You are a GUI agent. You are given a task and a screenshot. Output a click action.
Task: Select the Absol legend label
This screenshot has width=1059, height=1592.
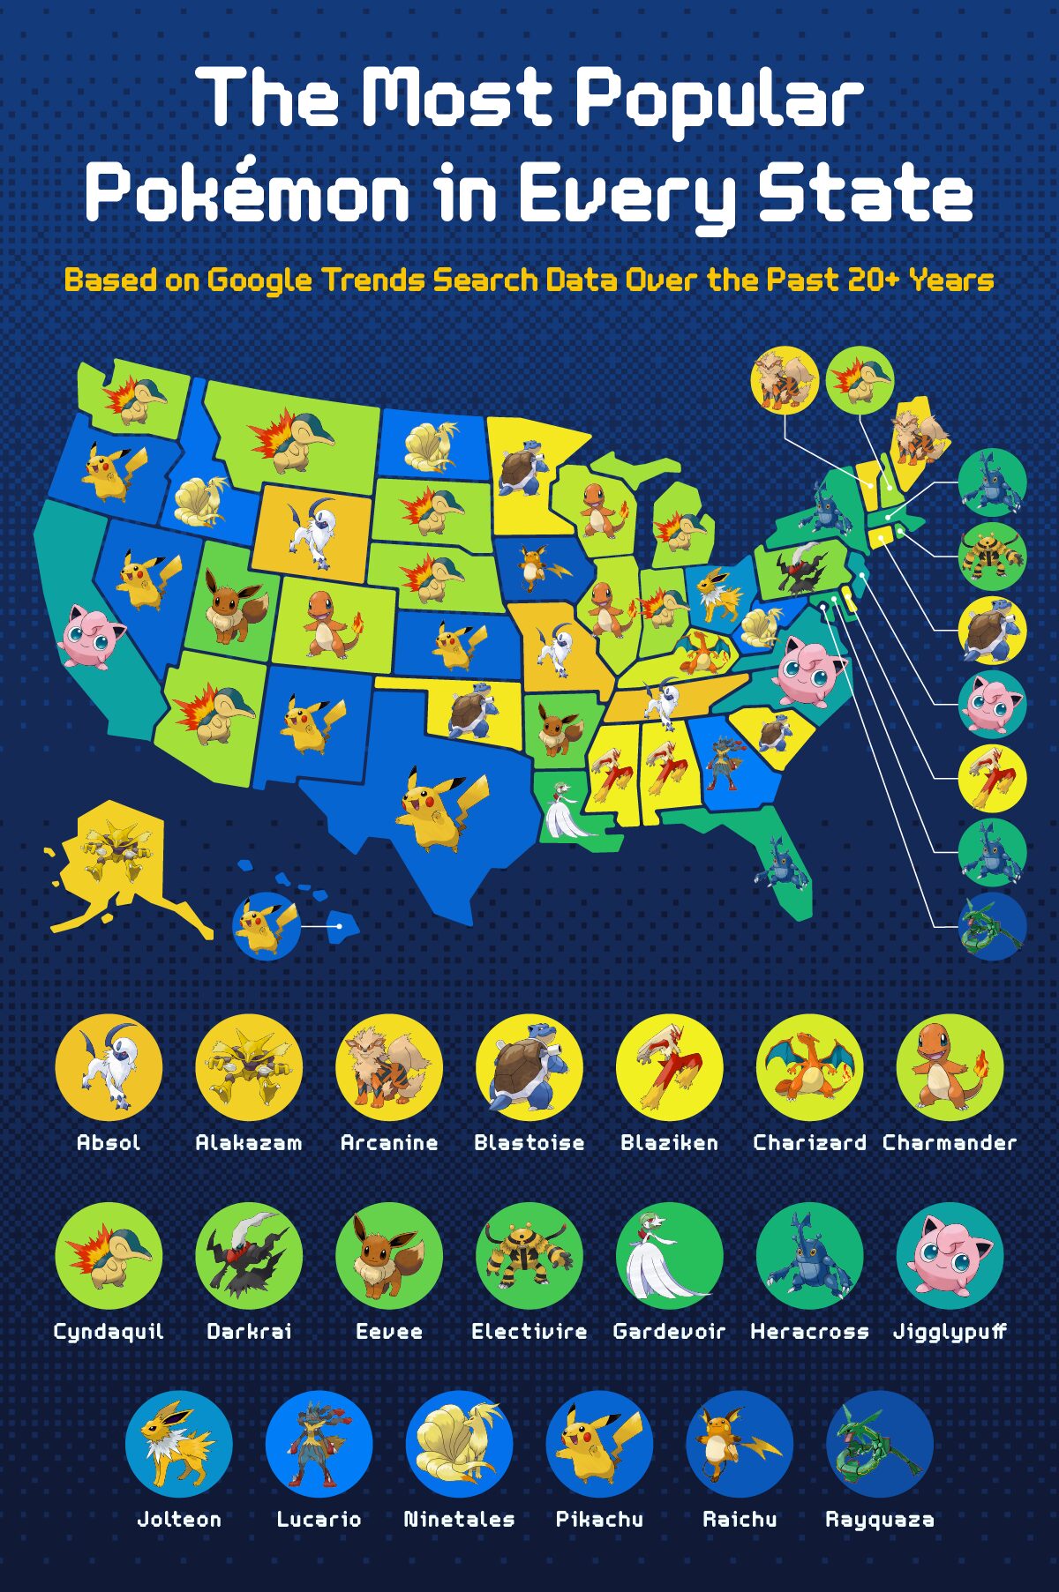[x=109, y=1143]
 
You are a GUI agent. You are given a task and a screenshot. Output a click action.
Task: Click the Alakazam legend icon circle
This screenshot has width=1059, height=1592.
[x=248, y=1067]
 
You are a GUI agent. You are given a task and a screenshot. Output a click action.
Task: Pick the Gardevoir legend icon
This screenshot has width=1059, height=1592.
[x=669, y=1256]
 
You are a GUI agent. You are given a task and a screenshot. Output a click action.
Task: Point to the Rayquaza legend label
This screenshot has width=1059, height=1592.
[x=879, y=1520]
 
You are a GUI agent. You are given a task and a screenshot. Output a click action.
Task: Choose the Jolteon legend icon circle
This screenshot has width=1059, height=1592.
[x=178, y=1444]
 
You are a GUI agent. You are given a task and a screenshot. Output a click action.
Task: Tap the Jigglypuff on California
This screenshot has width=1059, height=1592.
[x=90, y=635]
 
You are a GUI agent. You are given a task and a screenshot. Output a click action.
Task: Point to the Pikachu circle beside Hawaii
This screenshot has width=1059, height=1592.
[x=265, y=924]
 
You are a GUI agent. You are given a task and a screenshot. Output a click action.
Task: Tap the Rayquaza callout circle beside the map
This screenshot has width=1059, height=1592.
[x=992, y=926]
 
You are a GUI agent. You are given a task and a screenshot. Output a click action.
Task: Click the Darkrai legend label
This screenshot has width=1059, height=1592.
[x=248, y=1332]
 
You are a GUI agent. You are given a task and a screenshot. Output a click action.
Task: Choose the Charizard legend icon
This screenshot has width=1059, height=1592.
[x=809, y=1067]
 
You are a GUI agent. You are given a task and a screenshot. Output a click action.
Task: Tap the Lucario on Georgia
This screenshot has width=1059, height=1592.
[x=725, y=761]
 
